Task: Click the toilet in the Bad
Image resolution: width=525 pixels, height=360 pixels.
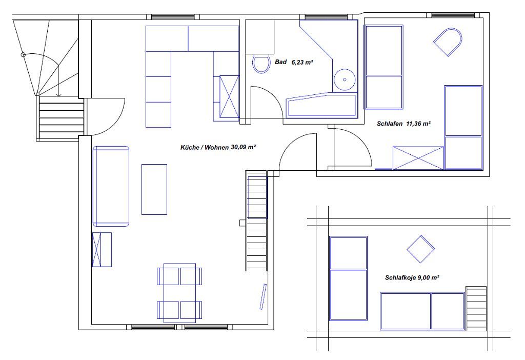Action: pyautogui.click(x=261, y=64)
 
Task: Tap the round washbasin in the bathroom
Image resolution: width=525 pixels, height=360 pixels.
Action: pyautogui.click(x=345, y=79)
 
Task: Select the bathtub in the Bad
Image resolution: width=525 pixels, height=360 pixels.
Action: pyautogui.click(x=321, y=106)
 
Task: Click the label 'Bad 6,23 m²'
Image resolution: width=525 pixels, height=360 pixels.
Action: pyautogui.click(x=294, y=62)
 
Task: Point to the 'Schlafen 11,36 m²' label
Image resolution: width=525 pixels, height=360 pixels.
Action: pyautogui.click(x=403, y=124)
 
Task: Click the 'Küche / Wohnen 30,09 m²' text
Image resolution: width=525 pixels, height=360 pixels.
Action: pyautogui.click(x=218, y=147)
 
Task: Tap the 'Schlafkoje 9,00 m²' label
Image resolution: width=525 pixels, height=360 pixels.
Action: pyautogui.click(x=412, y=277)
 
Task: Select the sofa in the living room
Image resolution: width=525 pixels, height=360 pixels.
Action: pyautogui.click(x=111, y=186)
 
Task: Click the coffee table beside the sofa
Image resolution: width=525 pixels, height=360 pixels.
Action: pyautogui.click(x=154, y=189)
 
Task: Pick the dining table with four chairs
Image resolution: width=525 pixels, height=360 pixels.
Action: pyautogui.click(x=179, y=293)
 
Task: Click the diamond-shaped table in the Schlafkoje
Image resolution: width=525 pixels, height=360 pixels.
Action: pyautogui.click(x=420, y=249)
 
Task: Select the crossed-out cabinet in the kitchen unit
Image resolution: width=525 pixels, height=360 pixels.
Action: pyautogui.click(x=229, y=97)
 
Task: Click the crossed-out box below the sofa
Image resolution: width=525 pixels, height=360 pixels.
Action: pyautogui.click(x=102, y=250)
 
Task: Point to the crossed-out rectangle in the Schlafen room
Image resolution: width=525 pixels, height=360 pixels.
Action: pyautogui.click(x=418, y=158)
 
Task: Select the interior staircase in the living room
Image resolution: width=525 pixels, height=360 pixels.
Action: pyautogui.click(x=256, y=221)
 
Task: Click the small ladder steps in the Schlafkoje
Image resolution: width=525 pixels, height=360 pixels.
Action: pyautogui.click(x=476, y=308)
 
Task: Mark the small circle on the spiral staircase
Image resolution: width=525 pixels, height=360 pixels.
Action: pyautogui.click(x=23, y=54)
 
